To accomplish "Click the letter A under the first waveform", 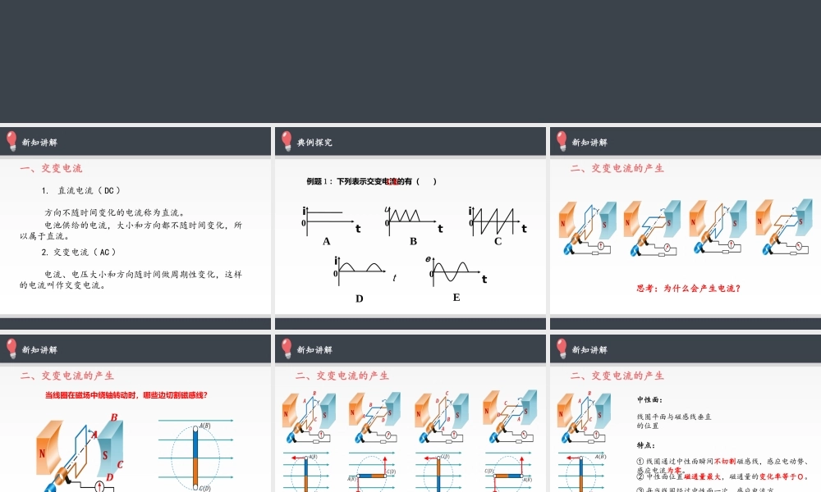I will click(x=327, y=241).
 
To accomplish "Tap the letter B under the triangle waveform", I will click(x=414, y=241).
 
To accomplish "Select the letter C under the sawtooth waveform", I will click(x=498, y=241).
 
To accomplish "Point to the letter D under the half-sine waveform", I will click(x=359, y=298).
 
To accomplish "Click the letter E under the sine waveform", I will click(x=456, y=297).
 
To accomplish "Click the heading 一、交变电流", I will click(x=51, y=168).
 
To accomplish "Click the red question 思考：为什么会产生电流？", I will click(x=689, y=288).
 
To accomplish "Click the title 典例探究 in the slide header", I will click(x=314, y=142).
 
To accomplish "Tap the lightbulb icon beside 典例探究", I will click(x=287, y=140).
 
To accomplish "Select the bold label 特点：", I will click(x=645, y=445).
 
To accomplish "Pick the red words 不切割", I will click(x=727, y=461).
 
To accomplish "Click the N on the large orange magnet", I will click(x=42, y=452).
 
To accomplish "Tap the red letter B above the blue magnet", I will click(x=113, y=417).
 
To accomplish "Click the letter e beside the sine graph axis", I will click(x=428, y=259).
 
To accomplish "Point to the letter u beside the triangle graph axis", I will click(x=387, y=210).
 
